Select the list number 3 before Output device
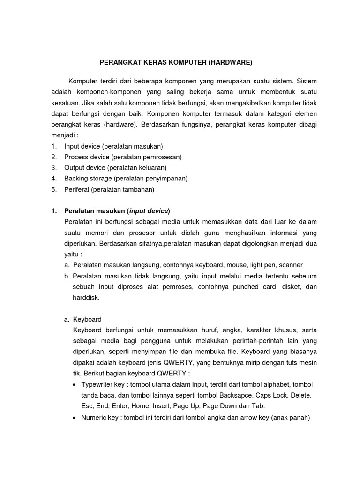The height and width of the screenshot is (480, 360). pyautogui.click(x=54, y=167)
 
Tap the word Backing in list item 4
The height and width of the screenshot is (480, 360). pyautogui.click(x=75, y=178)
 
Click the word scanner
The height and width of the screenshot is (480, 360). pyautogui.click(x=290, y=265)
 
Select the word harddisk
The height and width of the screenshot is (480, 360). pyautogui.click(x=86, y=298)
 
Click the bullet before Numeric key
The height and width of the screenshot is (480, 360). pyautogui.click(x=76, y=418)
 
